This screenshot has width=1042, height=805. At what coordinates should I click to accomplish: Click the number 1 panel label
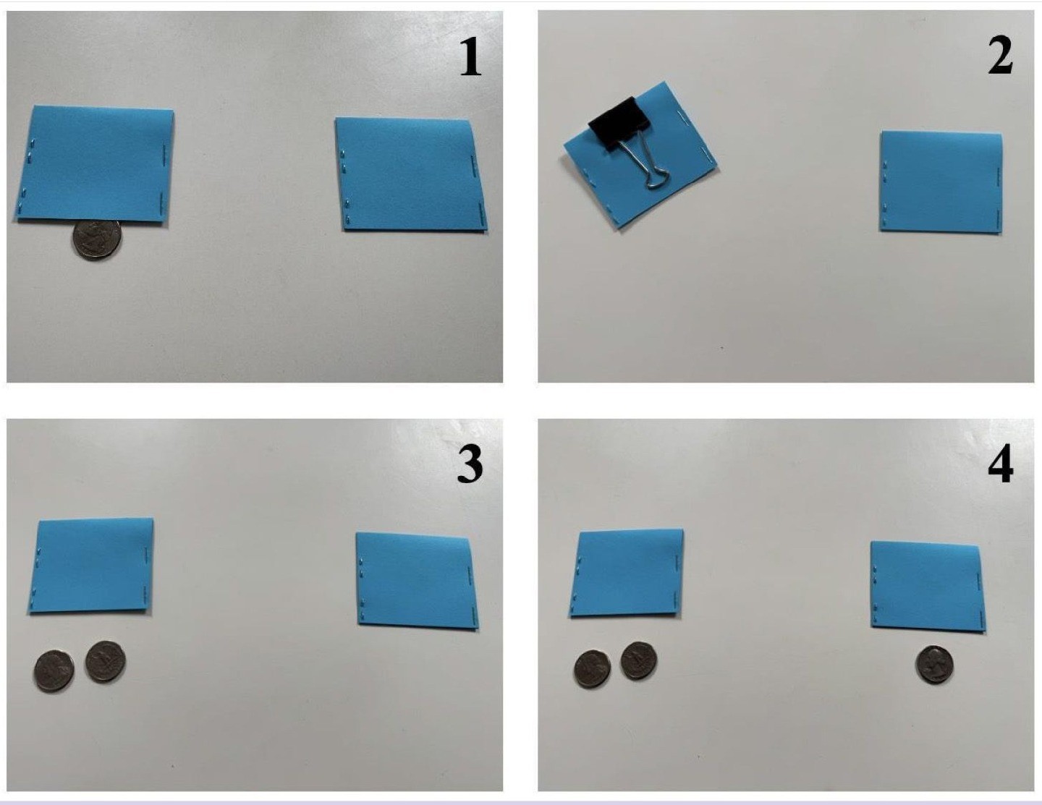pos(470,58)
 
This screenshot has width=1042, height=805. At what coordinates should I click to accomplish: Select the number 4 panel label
pos(1001,464)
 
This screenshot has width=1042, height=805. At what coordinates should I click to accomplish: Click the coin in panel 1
pos(96,239)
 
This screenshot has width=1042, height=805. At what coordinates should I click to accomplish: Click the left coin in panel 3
pos(54,670)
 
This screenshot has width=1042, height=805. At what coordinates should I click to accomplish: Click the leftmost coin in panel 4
pos(592,669)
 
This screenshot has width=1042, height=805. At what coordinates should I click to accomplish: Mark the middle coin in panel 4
pos(639,660)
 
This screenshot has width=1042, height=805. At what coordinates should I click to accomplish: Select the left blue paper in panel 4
pos(627,573)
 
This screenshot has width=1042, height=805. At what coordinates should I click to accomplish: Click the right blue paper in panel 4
pos(927,587)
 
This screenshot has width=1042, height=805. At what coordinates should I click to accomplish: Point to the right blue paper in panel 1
pos(412,174)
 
